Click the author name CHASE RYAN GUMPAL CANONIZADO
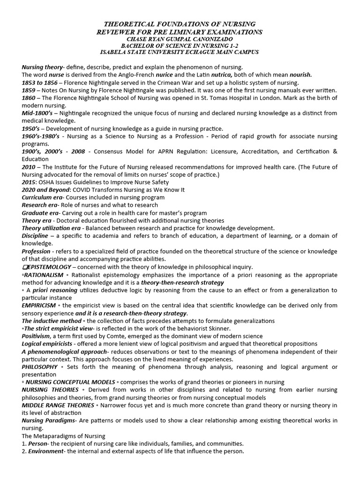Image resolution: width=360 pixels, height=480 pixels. click(x=180, y=39)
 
